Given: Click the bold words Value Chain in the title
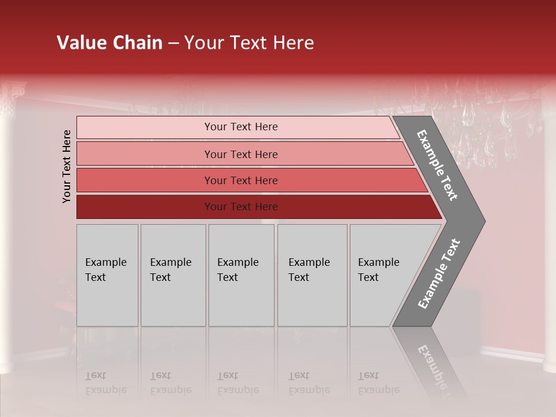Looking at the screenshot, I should pos(109,43).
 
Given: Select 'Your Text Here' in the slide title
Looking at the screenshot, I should pos(249,43).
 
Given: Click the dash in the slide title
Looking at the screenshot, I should pos(173,43).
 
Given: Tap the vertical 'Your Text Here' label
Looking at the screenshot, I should pos(67,166).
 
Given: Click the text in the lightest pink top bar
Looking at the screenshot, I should pos(241,127).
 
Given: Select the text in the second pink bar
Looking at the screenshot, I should pos(241,154).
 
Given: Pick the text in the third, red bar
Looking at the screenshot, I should pos(241,181).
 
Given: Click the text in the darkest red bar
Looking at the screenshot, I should pos(241,207).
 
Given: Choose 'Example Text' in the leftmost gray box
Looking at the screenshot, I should pos(105,270).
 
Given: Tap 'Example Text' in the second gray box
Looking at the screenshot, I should pos(170,270).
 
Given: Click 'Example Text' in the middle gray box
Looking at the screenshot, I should pos(237,270).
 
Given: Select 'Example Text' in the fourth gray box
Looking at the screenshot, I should pos(309,270).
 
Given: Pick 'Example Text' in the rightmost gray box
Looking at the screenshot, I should pos(378,270).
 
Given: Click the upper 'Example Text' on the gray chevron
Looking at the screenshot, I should pos(437,165).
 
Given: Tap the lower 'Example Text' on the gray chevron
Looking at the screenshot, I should pos(438,273).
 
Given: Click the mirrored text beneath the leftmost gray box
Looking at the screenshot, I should pos(105,383).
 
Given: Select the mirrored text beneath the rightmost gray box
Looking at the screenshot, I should pos(378,383).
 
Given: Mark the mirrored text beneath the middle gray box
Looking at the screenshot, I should pos(237,383).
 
